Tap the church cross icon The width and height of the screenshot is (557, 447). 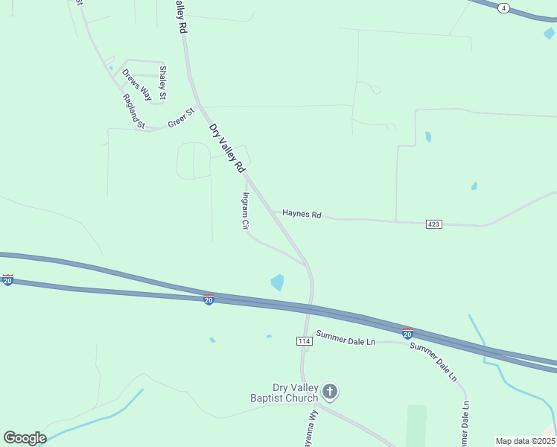tap(330, 390)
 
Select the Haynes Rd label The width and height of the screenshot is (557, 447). tap(302, 215)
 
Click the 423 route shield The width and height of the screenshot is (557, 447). tap(435, 224)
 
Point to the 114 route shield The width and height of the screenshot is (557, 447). tap(304, 340)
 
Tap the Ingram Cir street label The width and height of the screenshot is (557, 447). tap(244, 212)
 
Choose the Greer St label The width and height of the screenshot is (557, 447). tap(180, 118)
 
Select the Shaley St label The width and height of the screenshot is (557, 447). tap(162, 82)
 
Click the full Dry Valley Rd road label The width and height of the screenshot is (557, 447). tap(227, 149)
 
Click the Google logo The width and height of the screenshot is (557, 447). tap(25, 438)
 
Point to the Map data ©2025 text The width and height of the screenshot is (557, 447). tap(525, 441)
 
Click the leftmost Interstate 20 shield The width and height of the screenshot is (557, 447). tap(7, 281)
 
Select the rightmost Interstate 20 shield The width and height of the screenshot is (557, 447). tap(407, 334)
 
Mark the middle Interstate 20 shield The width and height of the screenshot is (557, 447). tap(209, 299)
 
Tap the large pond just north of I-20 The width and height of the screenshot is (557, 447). tap(277, 282)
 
